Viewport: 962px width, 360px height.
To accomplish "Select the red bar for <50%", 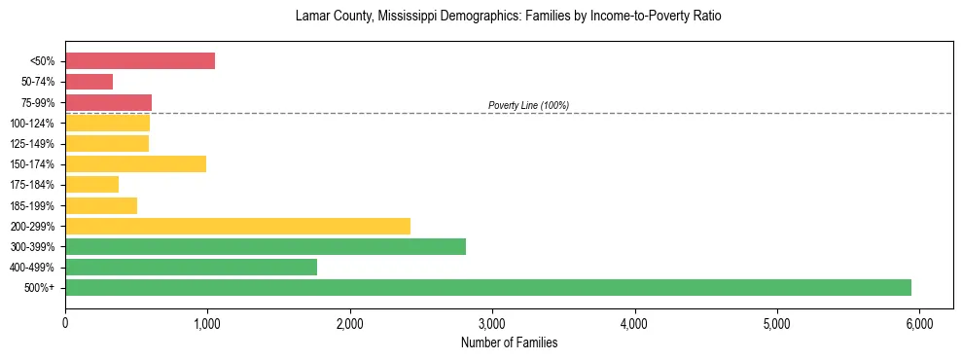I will pos(140,61).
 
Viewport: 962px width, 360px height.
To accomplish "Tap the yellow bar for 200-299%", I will pos(237,227).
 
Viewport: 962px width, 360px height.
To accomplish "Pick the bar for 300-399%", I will pos(266,247).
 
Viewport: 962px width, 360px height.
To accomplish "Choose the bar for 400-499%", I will pos(191,268).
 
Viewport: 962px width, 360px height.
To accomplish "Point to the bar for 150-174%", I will pos(135,164).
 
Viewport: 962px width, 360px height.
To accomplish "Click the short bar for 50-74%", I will pos(89,82).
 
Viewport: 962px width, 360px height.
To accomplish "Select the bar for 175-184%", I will pos(91,185).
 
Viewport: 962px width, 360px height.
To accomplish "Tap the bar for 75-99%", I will pos(108,102).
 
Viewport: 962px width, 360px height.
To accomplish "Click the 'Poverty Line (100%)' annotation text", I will pos(528,105).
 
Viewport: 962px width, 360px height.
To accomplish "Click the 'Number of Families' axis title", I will pos(509,342).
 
